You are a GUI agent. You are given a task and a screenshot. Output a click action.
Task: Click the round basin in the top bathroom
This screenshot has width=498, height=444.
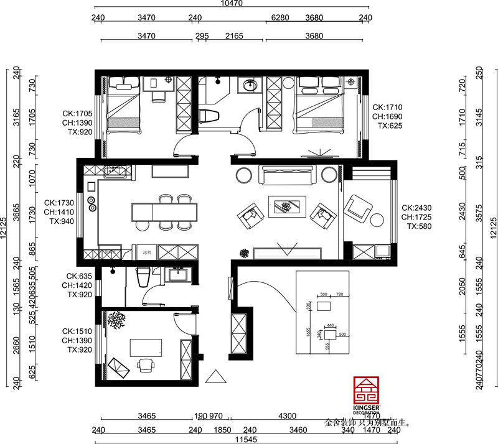(x=251, y=85)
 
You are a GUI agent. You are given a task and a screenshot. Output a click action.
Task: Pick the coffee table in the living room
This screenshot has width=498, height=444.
(x=286, y=206)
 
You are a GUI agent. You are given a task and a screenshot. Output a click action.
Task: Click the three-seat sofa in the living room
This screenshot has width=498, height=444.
(x=287, y=177)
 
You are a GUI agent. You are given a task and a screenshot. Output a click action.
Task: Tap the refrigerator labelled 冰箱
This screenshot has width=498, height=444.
(x=146, y=252)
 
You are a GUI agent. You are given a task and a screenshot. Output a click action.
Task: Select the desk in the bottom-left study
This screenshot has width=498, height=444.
(x=146, y=347)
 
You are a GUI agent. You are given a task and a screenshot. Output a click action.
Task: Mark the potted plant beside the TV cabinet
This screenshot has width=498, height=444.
(x=244, y=253)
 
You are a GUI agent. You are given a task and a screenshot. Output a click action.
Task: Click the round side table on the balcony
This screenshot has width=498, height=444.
(x=377, y=220)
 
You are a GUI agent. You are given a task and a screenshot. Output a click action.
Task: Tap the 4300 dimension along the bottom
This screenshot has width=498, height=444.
(x=287, y=415)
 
